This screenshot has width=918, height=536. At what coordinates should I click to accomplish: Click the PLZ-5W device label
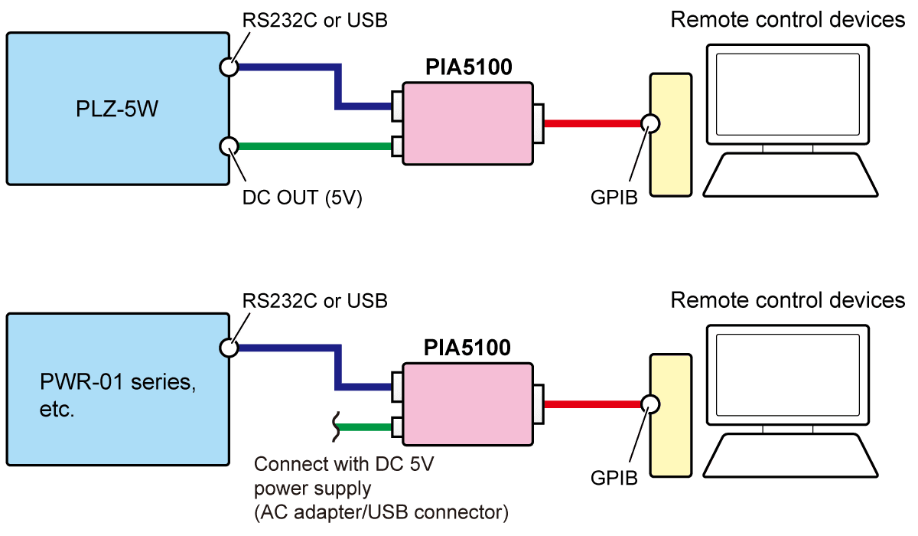117,109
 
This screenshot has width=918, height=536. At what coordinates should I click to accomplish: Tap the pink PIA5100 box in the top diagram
467,123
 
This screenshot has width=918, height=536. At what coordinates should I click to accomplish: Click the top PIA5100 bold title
468,67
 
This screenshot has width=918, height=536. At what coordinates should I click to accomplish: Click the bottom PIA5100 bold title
468,349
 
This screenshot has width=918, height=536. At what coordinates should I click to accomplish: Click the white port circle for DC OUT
228,145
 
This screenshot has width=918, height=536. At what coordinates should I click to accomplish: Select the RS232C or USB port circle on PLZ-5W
228,67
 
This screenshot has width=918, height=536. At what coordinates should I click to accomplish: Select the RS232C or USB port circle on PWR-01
228,348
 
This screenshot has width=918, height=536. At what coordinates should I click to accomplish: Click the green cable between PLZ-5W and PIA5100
314,145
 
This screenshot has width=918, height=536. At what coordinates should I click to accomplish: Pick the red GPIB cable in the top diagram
593,123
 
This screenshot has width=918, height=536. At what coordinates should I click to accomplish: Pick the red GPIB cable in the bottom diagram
593,404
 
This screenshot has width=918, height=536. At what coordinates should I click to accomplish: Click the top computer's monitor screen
787,96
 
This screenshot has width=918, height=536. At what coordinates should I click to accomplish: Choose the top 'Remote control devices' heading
787,21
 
